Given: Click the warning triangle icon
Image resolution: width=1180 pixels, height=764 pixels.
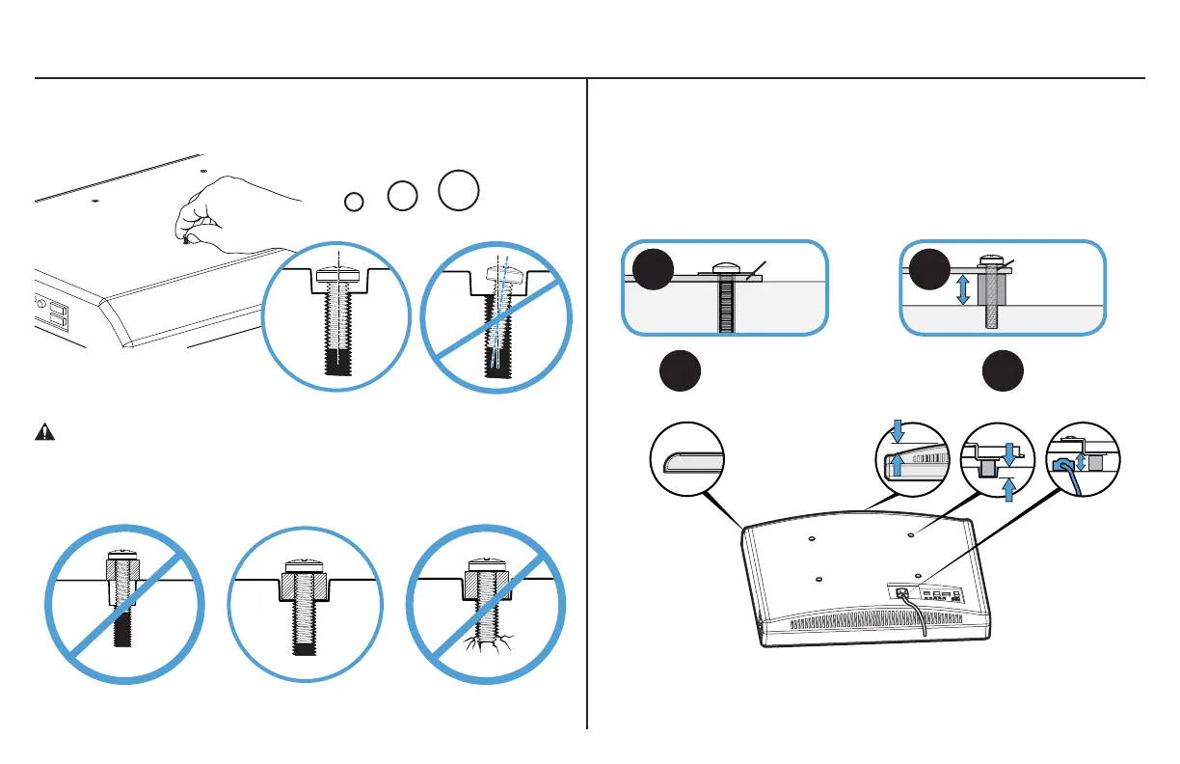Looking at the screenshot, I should click(44, 432).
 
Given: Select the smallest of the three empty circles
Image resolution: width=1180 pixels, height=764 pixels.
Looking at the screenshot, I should click(354, 201).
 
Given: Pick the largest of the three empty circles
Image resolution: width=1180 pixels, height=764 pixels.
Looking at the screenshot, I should click(459, 188).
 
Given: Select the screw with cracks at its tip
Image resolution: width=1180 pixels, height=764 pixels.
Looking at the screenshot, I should click(486, 617).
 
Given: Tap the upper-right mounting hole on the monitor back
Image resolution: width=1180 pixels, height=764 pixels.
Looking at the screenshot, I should click(912, 531).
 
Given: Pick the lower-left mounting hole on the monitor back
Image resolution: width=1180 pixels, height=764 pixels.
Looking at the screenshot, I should click(818, 580).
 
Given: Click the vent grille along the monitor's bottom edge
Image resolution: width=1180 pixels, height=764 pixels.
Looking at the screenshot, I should click(868, 625).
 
